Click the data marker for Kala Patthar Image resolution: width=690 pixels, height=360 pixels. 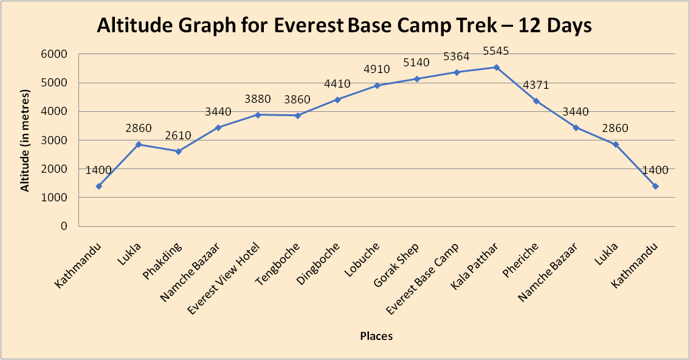point(497,67)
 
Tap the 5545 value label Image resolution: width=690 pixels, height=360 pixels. point(497,51)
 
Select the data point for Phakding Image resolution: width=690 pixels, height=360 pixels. point(178,151)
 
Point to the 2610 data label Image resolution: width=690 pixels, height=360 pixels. point(178,135)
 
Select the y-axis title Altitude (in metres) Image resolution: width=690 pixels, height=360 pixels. point(25,140)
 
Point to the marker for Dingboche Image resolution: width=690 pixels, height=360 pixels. point(337,100)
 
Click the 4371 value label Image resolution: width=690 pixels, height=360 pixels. point(536,85)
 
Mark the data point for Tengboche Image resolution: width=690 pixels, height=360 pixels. point(298,116)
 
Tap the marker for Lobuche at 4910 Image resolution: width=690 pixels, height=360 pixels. point(377,86)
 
